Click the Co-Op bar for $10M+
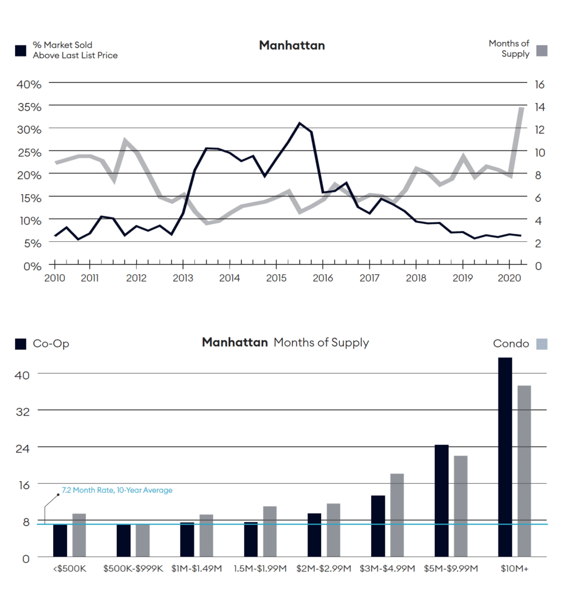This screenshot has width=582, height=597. (x=505, y=457)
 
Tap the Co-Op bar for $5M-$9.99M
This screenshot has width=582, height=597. (x=441, y=501)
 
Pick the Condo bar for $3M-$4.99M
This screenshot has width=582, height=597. (x=397, y=515)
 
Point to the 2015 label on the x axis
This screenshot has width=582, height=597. (x=276, y=278)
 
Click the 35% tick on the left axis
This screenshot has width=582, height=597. (x=29, y=107)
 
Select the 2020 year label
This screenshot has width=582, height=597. (x=510, y=278)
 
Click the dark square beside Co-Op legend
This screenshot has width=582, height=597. (x=21, y=344)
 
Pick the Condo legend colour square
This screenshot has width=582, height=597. (x=541, y=344)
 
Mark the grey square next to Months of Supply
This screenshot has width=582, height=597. (x=541, y=51)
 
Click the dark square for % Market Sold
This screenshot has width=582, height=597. (x=21, y=51)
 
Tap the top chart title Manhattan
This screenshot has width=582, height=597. (x=292, y=45)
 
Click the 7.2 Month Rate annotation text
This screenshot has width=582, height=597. (x=117, y=490)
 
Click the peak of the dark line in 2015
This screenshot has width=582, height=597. (x=299, y=123)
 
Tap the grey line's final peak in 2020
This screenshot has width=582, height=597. (x=521, y=108)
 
